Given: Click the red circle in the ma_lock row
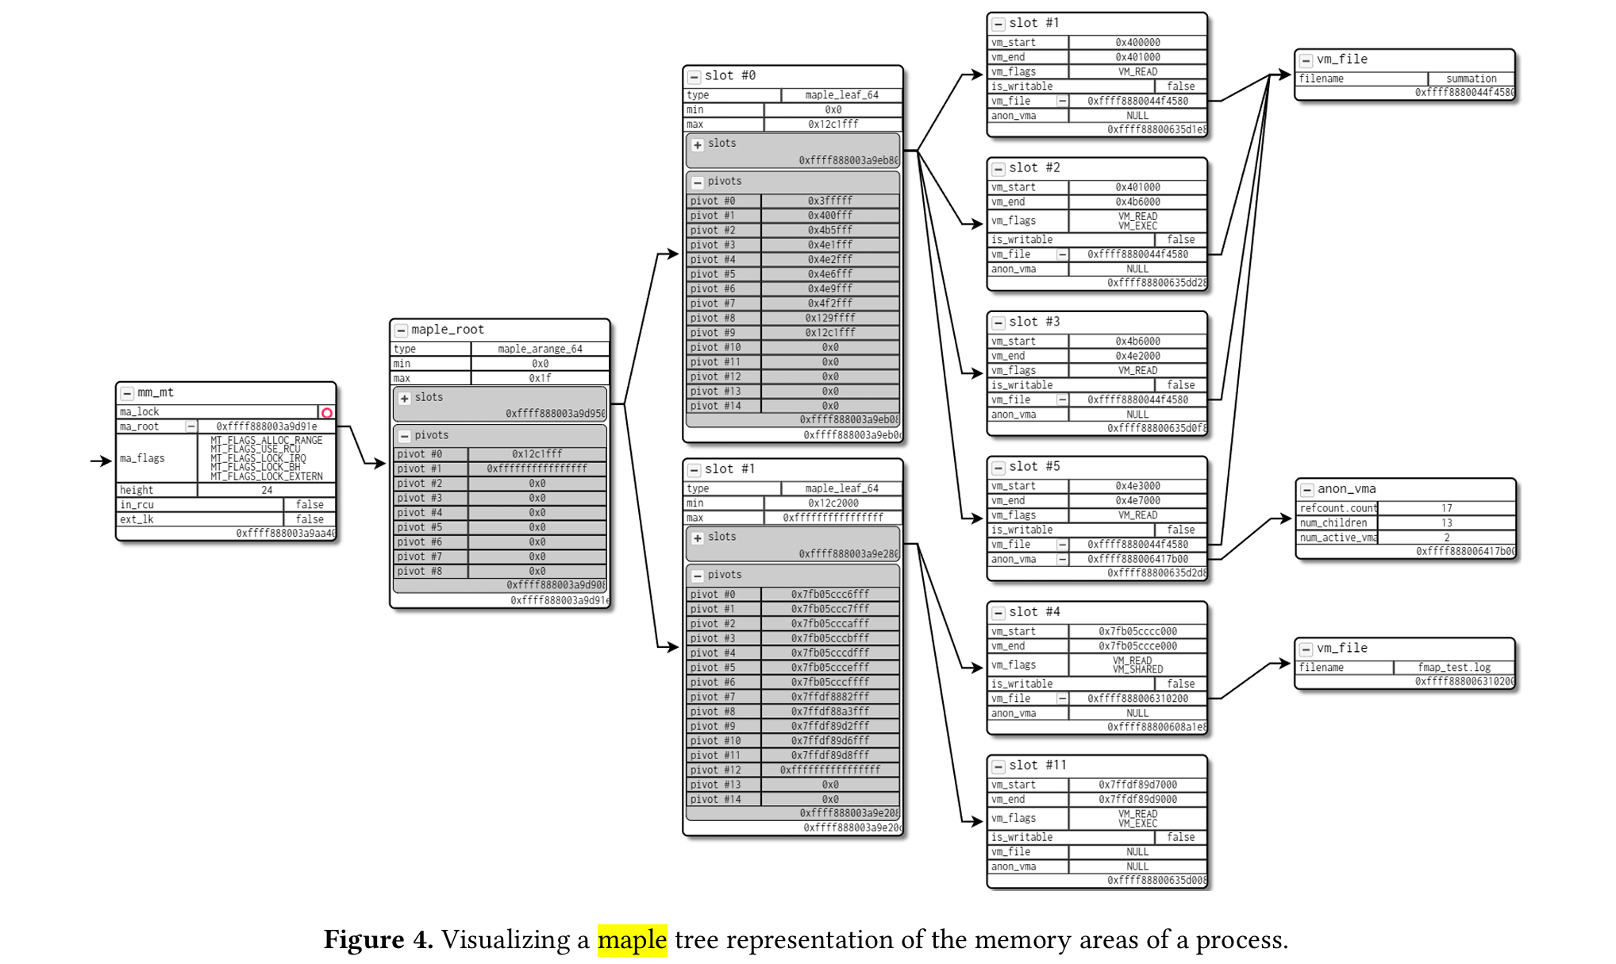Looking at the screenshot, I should coord(327,412).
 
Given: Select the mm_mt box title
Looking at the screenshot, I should coord(155,392).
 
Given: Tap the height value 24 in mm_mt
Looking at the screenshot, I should coord(267,490).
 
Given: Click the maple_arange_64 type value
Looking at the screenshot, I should coord(540,349).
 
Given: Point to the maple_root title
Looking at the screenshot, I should coord(447,330).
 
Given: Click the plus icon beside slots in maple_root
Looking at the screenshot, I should coord(405,398).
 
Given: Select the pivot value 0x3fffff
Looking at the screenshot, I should coord(830,201).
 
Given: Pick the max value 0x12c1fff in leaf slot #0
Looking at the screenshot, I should coord(833,124).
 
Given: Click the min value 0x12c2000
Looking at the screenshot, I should coord(833,503).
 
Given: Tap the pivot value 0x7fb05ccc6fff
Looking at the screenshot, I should coord(830,594).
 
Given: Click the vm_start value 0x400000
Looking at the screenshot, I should coord(1137,42).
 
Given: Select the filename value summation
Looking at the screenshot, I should coord(1471,79).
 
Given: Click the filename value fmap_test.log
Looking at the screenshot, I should coord(1454,667).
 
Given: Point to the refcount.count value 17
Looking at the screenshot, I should coord(1446,508).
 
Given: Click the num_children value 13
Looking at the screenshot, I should coord(1446,522).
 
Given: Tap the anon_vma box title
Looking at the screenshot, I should coord(1346,489).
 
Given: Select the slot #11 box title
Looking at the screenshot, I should coord(1037,765).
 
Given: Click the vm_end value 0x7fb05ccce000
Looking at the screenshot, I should coord(1137,646).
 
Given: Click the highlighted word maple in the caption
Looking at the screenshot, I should coord(633,940).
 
